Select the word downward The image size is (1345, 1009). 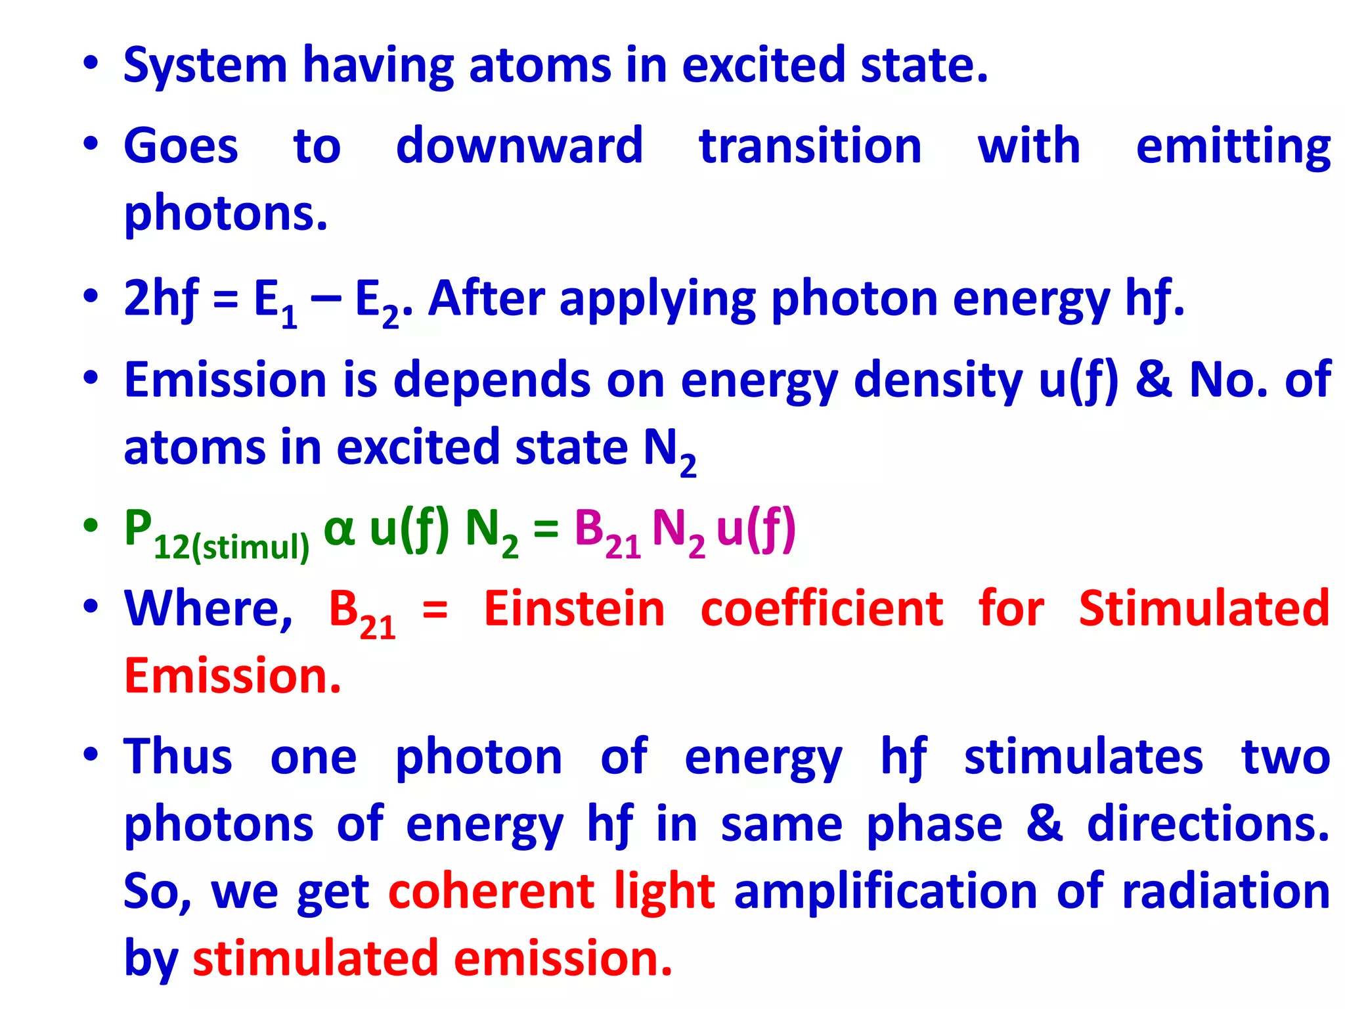(519, 146)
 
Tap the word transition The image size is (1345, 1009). (810, 146)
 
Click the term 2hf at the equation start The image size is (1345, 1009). (161, 299)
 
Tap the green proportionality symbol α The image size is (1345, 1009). (340, 529)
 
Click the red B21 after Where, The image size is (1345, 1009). (362, 613)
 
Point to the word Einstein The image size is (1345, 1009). (575, 609)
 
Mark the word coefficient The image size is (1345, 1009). (822, 609)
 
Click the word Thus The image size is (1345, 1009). (178, 757)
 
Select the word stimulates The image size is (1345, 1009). (1083, 757)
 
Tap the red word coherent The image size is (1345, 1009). (491, 891)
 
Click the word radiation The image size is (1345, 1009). (1225, 891)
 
